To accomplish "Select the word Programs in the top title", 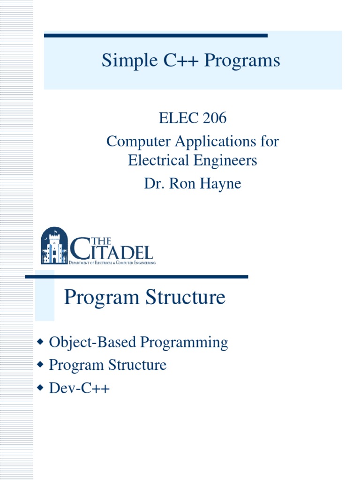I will click(x=242, y=61).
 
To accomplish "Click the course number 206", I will click(x=215, y=118).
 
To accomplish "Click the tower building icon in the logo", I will click(x=54, y=246).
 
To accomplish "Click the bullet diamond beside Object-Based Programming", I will click(x=40, y=342).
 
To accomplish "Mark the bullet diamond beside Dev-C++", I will click(x=40, y=387).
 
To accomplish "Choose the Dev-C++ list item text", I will click(x=79, y=388).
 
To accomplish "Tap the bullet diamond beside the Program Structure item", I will click(x=40, y=365).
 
